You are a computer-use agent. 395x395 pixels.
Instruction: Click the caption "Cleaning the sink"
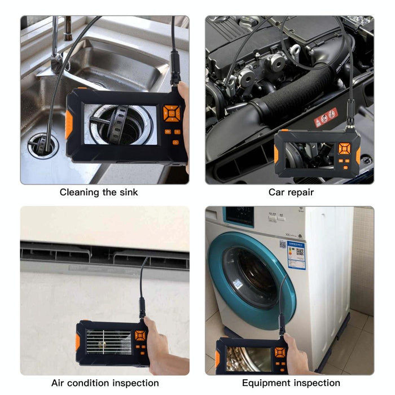pyautogui.click(x=99, y=192)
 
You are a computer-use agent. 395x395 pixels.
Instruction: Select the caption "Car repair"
pyautogui.click(x=291, y=192)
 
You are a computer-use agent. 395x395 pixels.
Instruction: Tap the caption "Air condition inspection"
pyautogui.click(x=105, y=383)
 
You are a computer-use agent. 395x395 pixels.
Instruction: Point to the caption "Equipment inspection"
pyautogui.click(x=291, y=383)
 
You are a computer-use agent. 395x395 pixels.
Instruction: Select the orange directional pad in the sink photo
pyautogui.click(x=170, y=113)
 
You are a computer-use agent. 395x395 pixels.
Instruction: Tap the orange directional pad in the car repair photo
pyautogui.click(x=344, y=149)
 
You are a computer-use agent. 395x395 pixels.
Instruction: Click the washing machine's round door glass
pyautogui.click(x=248, y=276)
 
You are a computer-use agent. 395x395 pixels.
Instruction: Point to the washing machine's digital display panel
pyautogui.click(x=238, y=216)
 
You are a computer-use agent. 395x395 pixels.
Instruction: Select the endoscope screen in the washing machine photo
pyautogui.click(x=248, y=358)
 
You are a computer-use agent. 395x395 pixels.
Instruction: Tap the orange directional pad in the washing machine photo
pyautogui.click(x=279, y=353)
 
